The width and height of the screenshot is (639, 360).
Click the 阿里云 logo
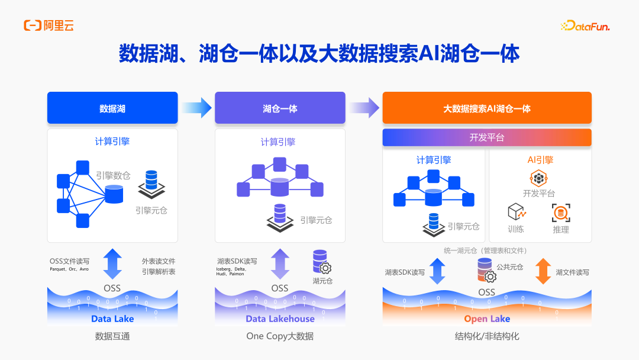tap(49, 25)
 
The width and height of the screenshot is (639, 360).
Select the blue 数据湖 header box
tap(112, 108)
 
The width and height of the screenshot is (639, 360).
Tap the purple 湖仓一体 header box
tap(280, 108)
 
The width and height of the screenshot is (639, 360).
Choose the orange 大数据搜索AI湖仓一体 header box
tap(487, 108)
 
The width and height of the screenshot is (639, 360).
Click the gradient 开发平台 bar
tap(487, 137)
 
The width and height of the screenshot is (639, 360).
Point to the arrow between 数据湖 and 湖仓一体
tap(196, 108)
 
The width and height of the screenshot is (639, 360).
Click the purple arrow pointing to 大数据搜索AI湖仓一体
tap(364, 108)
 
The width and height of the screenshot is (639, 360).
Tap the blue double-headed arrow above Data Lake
tap(112, 263)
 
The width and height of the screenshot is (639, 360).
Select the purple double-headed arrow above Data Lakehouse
tap(280, 263)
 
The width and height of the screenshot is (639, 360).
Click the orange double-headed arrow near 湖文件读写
tap(543, 271)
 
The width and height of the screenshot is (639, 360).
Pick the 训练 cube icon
tap(517, 212)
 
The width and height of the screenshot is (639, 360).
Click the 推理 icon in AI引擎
tap(560, 213)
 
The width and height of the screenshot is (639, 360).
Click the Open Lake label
tap(487, 319)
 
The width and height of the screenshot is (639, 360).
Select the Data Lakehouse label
tap(280, 319)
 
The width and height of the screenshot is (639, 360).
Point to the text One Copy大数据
tap(280, 336)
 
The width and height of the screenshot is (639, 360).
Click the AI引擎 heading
tap(540, 160)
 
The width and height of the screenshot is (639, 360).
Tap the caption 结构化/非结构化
tap(487, 336)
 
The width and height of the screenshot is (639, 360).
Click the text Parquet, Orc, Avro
tap(69, 269)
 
